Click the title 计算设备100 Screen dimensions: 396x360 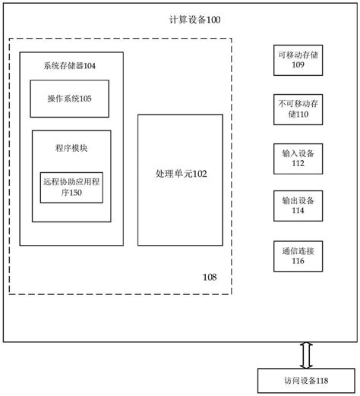pyautogui.click(x=196, y=20)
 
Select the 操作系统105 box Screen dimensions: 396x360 pyautogui.click(x=72, y=99)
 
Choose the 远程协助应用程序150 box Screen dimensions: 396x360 pyautogui.click(x=71, y=187)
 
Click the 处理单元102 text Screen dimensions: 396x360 pyautogui.click(x=180, y=174)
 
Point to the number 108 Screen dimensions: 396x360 pyautogui.click(x=210, y=277)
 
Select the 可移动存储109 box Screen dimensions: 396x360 pyautogui.click(x=297, y=60)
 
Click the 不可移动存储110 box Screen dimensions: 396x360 pyautogui.click(x=297, y=109)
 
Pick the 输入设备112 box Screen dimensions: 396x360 pyautogui.click(x=297, y=158)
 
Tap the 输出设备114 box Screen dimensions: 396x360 pyautogui.click(x=297, y=206)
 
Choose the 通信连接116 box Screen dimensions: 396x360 pyautogui.click(x=297, y=255)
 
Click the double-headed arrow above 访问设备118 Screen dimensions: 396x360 pyautogui.click(x=305, y=354)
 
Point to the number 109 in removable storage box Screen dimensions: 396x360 pyautogui.click(x=297, y=66)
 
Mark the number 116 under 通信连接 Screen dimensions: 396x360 pyautogui.click(x=297, y=261)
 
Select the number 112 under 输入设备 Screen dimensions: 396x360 pyautogui.click(x=297, y=164)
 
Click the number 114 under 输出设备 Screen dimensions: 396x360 pyautogui.click(x=297, y=212)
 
